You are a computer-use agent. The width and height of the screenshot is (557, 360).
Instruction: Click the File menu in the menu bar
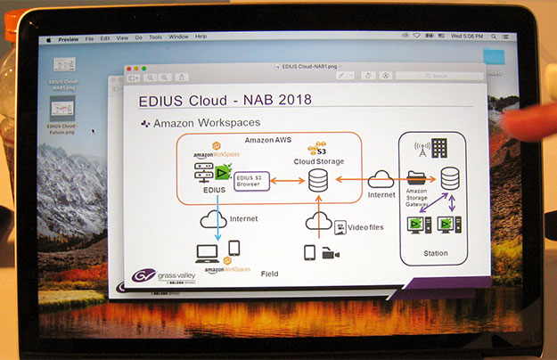coord(89,37)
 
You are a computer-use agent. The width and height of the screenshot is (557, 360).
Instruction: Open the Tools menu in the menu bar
coord(156,37)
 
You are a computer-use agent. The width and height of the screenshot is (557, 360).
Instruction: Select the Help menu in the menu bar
coord(201,36)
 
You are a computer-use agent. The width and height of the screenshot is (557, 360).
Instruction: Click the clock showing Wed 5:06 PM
coord(466,36)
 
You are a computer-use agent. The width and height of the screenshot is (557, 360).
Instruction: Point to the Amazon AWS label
coord(270,140)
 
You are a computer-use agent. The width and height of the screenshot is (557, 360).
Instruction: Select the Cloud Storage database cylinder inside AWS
coord(317,181)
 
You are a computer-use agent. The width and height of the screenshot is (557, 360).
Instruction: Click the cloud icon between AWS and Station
coord(381,180)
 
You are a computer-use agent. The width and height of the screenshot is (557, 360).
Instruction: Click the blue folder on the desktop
coord(493,56)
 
